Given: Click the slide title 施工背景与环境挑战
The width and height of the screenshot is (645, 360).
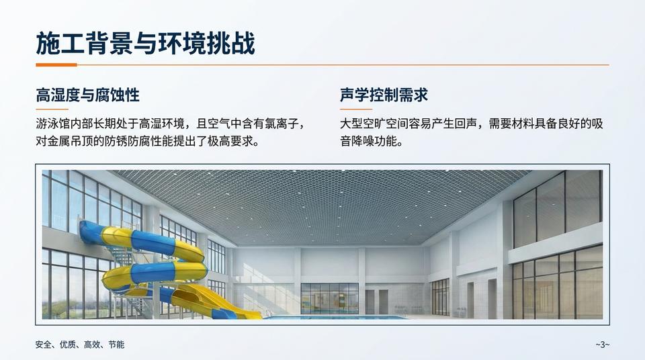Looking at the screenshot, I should tap(145, 44).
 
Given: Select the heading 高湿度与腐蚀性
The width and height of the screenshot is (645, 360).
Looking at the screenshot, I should tap(87, 95).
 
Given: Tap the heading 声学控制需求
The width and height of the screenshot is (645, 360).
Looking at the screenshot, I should tap(384, 95).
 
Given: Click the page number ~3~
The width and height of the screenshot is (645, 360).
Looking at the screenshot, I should tap(602, 345).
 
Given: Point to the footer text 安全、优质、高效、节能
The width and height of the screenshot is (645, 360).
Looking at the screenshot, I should tap(79, 345).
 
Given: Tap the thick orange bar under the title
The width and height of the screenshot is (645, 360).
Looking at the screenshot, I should tap(56, 65).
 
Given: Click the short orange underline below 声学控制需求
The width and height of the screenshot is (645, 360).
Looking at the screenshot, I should tap(356, 109).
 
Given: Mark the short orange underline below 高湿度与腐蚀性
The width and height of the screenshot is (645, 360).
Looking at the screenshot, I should tap(52, 109).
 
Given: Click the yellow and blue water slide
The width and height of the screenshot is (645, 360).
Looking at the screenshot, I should tap(155, 269).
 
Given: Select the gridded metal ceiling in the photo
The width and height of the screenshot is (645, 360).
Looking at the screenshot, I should tap(322, 201).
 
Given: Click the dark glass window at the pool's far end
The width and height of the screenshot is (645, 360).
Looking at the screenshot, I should tap(329, 297).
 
